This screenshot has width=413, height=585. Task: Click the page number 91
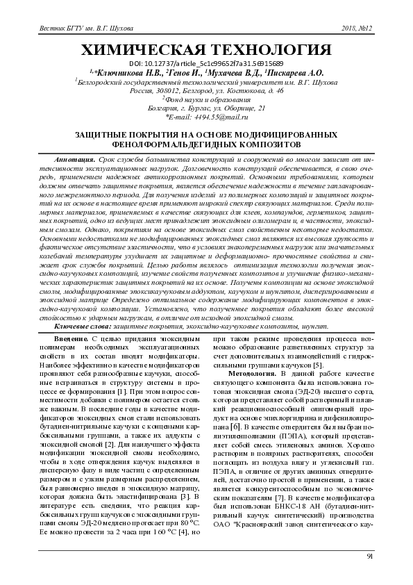tap(370, 557)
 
